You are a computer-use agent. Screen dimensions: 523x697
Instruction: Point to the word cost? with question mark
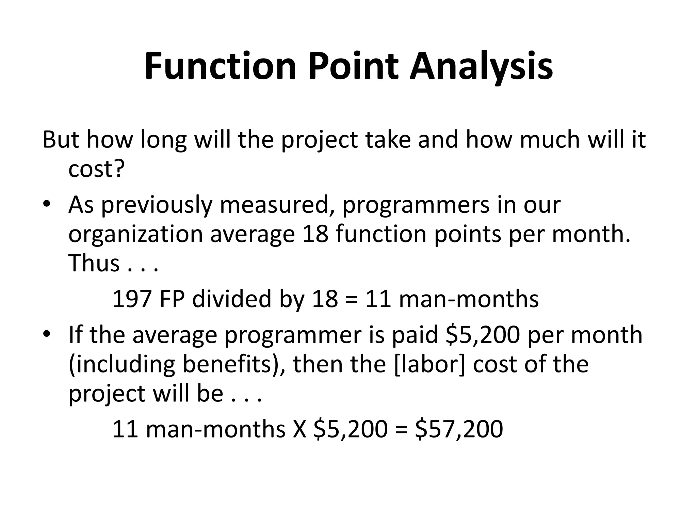97,169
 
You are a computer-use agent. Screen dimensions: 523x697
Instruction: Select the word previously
157,205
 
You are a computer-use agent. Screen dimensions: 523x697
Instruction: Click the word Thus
94,263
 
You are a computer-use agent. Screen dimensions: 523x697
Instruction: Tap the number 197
132,299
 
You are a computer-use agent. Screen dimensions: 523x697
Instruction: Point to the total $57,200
459,429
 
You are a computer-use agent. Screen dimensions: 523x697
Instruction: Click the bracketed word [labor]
429,364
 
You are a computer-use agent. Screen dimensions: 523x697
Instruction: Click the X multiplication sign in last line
299,429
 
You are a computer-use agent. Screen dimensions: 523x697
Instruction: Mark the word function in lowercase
382,235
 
